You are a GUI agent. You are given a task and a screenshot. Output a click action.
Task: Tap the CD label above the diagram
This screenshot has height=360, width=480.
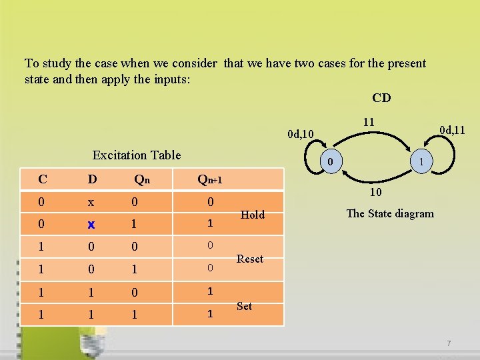[381, 98]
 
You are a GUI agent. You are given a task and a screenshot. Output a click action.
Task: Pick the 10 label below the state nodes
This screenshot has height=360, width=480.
[375, 193]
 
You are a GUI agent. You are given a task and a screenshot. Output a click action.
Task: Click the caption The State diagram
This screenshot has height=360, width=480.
[390, 213]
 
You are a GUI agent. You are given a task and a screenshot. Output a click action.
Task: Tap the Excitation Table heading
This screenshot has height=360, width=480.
[137, 155]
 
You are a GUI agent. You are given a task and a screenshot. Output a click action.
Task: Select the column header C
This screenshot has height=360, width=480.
[43, 179]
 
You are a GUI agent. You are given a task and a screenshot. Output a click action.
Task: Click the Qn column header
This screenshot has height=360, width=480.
[142, 179]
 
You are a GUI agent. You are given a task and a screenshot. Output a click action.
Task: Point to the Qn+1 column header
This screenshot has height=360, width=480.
[209, 179]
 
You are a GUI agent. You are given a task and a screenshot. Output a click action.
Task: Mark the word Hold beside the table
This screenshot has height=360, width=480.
[252, 215]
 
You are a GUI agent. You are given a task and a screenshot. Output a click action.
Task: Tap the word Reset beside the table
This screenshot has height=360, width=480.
[250, 259]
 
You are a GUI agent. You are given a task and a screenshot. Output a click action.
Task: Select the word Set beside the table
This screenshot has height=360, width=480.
[244, 306]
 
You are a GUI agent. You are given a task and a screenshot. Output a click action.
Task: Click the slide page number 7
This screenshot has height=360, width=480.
[449, 343]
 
